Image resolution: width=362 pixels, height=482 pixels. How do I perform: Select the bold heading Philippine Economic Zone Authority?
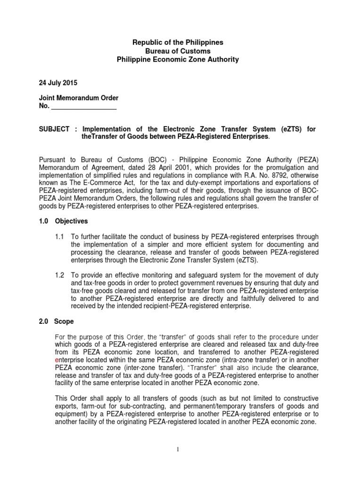[x=177, y=59]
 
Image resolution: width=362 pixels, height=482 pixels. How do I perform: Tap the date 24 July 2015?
[x=58, y=82]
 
